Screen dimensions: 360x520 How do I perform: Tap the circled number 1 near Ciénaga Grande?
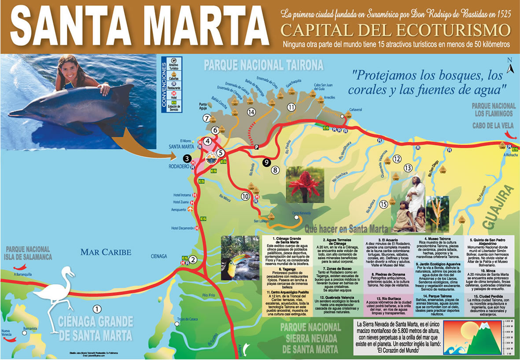[x=98, y=309]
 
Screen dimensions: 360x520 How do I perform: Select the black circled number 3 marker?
[x=187, y=159]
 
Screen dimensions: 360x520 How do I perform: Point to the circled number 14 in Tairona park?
[x=251, y=112]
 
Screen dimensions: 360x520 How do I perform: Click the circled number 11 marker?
[x=291, y=107]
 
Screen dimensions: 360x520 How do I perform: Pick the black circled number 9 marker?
[x=266, y=162]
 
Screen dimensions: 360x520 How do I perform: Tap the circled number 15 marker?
[x=383, y=203]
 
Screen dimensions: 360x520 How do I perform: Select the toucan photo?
[x=240, y=258]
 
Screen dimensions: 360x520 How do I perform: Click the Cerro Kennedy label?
[x=302, y=214]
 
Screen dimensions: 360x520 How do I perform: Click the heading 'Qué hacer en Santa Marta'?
[x=347, y=229]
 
